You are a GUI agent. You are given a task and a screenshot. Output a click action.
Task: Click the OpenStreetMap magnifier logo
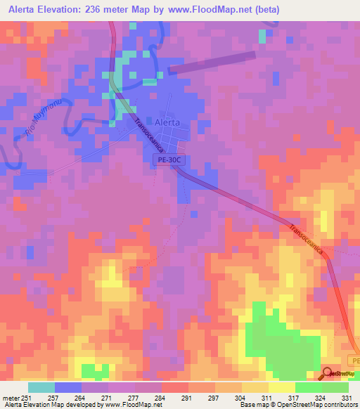[x=328, y=373]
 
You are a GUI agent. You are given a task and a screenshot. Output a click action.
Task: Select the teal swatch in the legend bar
[x=41, y=387]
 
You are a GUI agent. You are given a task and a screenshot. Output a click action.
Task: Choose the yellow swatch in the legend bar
[x=282, y=387]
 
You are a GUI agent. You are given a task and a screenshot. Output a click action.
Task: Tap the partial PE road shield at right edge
[x=354, y=360]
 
